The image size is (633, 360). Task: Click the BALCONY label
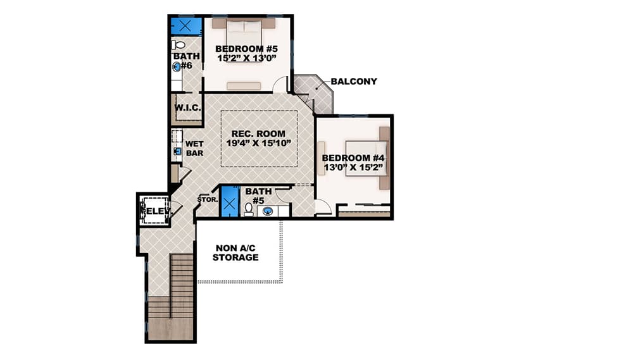click(x=353, y=81)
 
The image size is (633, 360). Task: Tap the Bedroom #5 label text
click(x=246, y=48)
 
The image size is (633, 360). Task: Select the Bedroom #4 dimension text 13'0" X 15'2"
click(x=353, y=168)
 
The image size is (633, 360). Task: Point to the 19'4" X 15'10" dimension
click(x=258, y=143)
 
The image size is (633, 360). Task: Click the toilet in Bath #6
click(x=179, y=45)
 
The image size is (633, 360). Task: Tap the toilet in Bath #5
click(x=248, y=209)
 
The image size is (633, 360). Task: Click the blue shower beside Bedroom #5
click(x=185, y=26)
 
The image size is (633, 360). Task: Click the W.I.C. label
click(x=188, y=108)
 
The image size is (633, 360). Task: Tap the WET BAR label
click(x=194, y=148)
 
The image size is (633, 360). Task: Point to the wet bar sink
click(x=177, y=152)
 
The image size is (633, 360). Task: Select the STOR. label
click(x=207, y=199)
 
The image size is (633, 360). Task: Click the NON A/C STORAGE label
click(x=235, y=252)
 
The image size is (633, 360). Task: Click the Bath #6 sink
click(x=176, y=66)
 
